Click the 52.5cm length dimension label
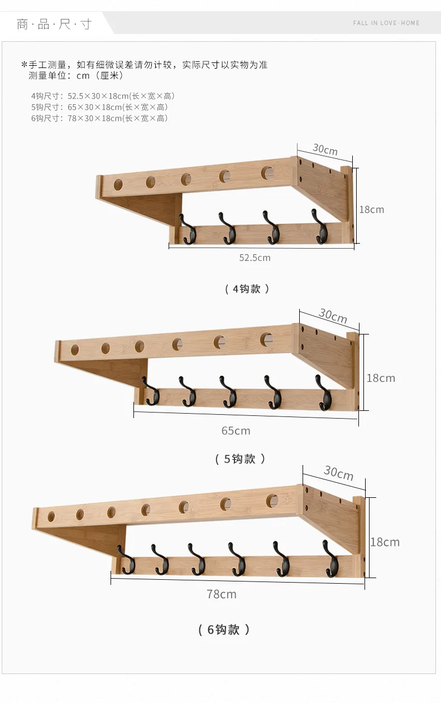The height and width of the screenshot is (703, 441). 255,258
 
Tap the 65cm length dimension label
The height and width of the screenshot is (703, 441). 236,431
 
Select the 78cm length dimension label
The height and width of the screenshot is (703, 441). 222,594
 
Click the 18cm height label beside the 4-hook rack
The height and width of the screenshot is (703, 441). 371,210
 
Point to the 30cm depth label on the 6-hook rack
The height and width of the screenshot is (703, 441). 338,473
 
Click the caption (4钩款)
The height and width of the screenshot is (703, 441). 247,289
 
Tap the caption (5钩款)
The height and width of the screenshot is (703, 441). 239,459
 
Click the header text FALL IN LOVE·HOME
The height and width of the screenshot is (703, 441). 386,23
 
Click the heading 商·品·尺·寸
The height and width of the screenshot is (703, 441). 54,24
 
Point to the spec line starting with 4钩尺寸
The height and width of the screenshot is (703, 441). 103,96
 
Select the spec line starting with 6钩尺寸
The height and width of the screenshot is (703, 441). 99,118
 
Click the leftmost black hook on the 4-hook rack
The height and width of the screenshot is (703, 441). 188,229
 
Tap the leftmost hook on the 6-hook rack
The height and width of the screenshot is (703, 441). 126,560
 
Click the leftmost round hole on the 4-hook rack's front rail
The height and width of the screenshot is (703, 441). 119,185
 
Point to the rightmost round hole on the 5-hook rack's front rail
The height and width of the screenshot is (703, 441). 266,339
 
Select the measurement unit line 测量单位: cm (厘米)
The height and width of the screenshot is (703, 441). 76,76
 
